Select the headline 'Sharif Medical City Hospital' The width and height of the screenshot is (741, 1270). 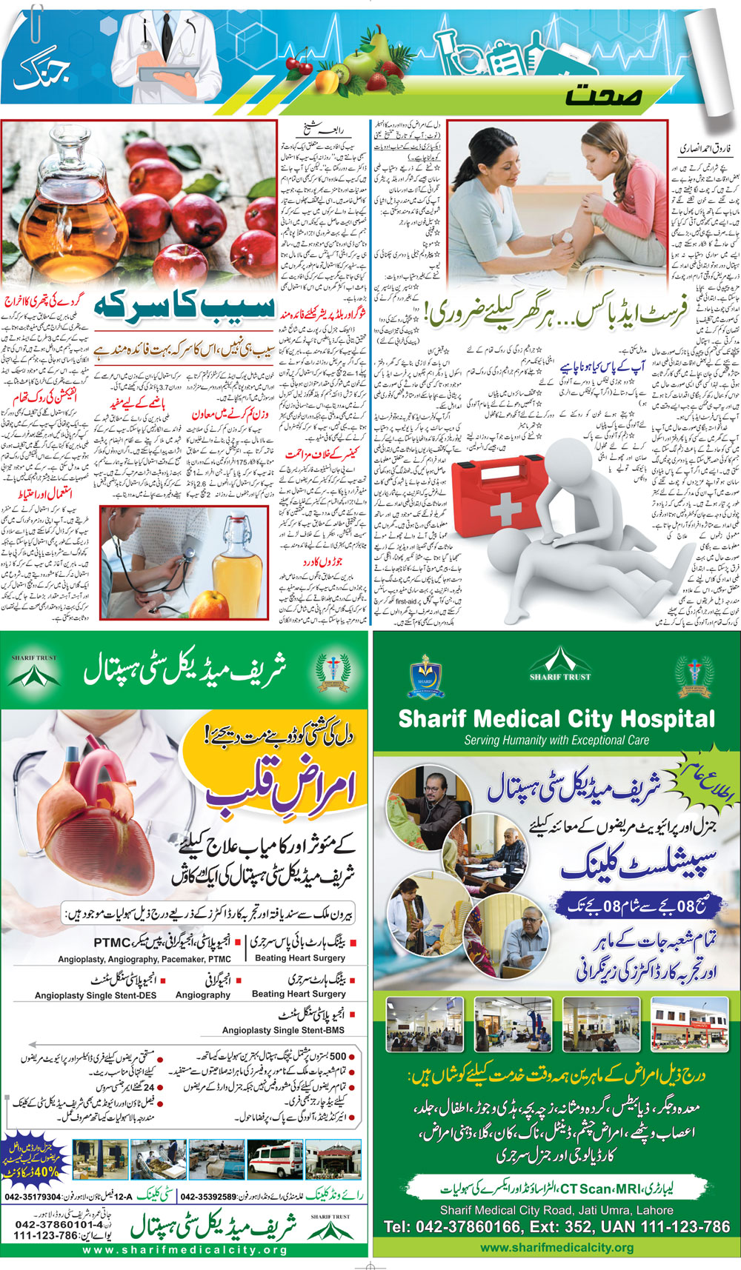click(556, 718)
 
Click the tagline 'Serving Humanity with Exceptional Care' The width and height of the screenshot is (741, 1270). click(556, 740)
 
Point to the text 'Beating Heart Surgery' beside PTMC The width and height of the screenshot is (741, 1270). click(300, 957)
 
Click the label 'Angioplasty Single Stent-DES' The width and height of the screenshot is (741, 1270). click(96, 995)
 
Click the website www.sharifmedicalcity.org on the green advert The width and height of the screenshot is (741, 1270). click(556, 1248)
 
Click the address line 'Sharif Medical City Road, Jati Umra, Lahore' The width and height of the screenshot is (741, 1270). click(556, 1210)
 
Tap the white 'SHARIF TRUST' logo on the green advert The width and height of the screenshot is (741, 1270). click(560, 664)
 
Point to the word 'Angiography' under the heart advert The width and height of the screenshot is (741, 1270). click(203, 995)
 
